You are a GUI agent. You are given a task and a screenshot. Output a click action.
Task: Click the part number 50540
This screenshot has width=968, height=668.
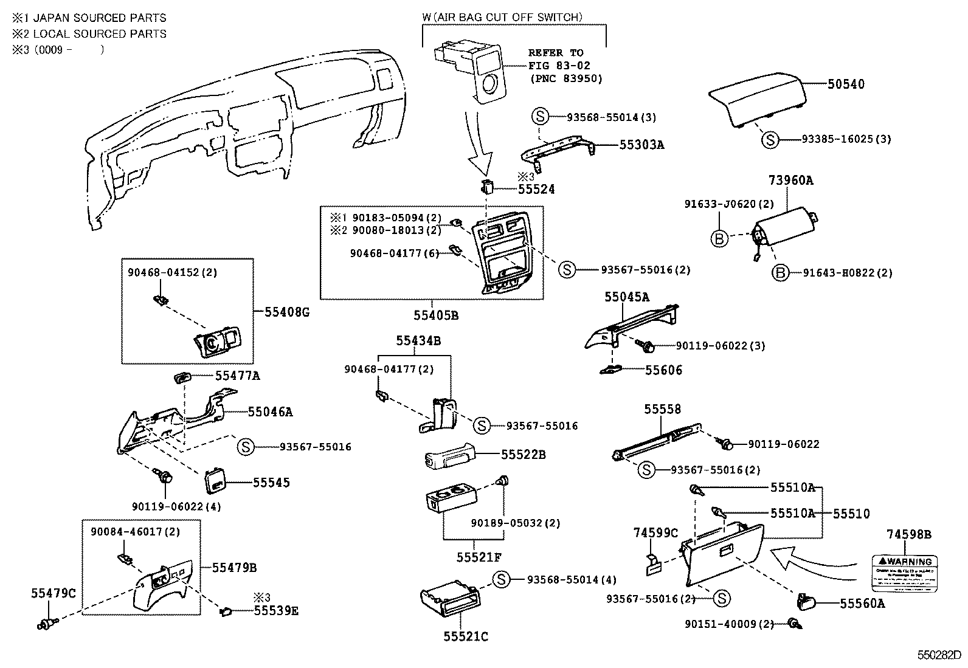tap(845, 84)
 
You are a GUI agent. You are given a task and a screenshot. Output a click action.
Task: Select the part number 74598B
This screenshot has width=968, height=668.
tap(908, 535)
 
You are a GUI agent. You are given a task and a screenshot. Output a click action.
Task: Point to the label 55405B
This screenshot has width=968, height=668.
tap(435, 315)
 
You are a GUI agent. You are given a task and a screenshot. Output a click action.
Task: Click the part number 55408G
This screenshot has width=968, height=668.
tap(287, 312)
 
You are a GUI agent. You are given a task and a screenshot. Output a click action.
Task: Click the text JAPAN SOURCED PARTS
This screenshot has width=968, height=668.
tap(100, 18)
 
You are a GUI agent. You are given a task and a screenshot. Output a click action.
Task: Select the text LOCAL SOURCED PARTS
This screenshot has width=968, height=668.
tap(100, 34)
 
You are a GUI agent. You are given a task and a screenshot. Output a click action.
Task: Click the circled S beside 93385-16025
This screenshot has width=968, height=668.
tap(770, 140)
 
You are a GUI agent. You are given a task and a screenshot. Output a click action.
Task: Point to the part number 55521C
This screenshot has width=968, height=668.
tap(465, 636)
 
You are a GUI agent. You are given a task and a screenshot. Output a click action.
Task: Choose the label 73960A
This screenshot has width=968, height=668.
tap(790, 181)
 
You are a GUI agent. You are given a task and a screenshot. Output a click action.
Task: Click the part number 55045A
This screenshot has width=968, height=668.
tap(626, 297)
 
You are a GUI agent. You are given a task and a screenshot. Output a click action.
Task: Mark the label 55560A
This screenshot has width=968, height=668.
tap(862, 604)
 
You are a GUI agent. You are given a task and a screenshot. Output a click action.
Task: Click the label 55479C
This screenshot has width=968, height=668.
tap(54, 593)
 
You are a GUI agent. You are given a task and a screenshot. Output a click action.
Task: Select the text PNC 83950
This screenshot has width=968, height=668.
tap(566, 78)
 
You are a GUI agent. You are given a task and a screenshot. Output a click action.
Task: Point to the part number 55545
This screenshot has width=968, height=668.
tap(271, 483)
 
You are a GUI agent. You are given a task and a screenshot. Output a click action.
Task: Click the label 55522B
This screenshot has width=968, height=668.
tap(523, 454)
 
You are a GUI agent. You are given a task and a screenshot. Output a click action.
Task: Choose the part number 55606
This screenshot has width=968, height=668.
tap(663, 370)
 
